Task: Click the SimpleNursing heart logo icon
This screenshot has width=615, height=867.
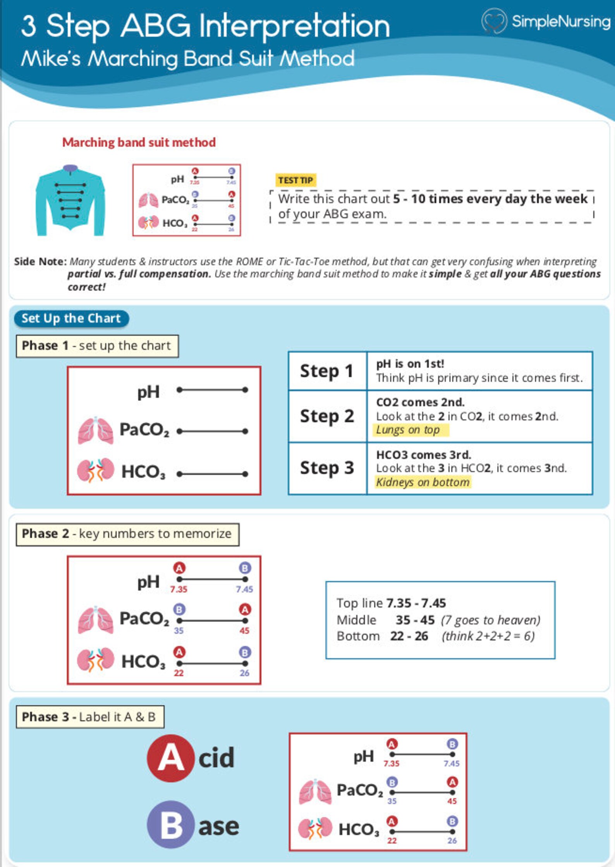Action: click(494, 21)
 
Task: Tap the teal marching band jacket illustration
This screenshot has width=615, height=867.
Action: click(70, 201)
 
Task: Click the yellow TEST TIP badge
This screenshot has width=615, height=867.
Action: click(295, 180)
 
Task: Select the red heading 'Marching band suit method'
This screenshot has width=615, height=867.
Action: click(139, 142)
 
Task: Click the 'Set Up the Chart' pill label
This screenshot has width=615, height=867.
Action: click(71, 318)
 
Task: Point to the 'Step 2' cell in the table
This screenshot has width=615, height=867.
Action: click(327, 416)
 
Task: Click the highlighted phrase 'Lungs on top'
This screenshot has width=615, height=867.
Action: click(408, 430)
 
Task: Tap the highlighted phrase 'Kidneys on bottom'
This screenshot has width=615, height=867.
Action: click(423, 482)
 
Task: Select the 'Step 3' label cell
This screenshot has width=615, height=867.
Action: click(327, 468)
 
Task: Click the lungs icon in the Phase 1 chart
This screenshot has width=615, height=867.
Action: click(95, 431)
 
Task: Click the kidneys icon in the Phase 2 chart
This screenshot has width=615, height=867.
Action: click(95, 660)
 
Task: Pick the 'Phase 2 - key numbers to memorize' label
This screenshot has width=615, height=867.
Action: click(127, 534)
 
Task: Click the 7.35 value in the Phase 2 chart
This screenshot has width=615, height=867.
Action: click(179, 589)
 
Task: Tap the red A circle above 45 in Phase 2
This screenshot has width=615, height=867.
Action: click(245, 609)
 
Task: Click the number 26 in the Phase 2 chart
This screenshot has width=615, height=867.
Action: click(244, 673)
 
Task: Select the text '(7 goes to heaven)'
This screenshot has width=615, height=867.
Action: click(490, 620)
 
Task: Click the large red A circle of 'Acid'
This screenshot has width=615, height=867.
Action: click(170, 758)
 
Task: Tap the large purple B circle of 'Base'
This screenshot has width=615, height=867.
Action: click(170, 824)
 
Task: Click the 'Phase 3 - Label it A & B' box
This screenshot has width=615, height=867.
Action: click(90, 717)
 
